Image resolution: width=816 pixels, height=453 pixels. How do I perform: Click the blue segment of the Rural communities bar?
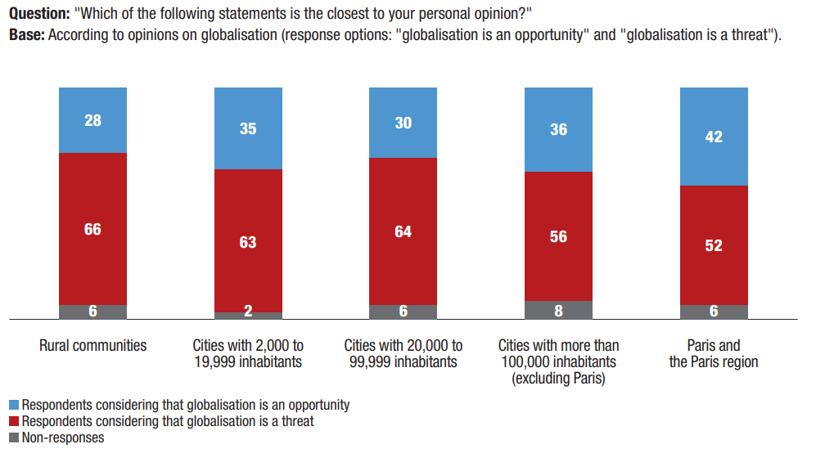(92, 120)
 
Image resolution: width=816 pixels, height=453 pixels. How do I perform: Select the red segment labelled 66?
(92, 229)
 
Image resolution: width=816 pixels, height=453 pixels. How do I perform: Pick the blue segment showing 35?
(247, 128)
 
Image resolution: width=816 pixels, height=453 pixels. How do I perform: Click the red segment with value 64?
(403, 231)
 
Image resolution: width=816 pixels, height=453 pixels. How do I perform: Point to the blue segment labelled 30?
(403, 123)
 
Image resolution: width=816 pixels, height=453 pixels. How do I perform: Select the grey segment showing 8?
(558, 310)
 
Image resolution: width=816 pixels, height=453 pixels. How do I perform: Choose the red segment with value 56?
(558, 236)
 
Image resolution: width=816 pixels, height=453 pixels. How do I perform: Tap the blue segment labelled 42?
(714, 137)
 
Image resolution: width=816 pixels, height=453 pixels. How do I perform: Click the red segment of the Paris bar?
(714, 245)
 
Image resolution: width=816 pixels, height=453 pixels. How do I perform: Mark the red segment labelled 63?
(247, 241)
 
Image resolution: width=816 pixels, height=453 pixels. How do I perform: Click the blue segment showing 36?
(558, 129)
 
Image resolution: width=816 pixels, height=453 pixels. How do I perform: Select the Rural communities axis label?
(92, 345)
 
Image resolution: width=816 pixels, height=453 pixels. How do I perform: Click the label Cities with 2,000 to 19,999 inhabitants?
(247, 353)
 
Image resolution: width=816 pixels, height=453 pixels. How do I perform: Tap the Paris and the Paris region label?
(714, 353)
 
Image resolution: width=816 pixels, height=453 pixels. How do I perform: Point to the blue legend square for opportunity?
(14, 405)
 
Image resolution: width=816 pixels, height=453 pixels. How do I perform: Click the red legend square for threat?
(14, 421)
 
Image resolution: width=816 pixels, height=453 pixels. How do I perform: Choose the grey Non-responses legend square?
(14, 437)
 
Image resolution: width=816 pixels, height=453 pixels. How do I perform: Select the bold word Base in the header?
(25, 37)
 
